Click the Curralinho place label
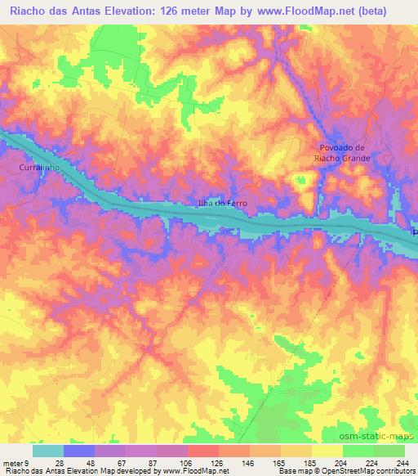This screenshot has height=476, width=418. (34, 167)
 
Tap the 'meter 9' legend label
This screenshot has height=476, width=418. (17, 462)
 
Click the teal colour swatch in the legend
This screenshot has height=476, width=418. (48, 451)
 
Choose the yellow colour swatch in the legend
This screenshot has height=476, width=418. (327, 451)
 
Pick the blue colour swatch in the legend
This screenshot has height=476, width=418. (79, 451)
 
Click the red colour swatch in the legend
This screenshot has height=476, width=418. (203, 451)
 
